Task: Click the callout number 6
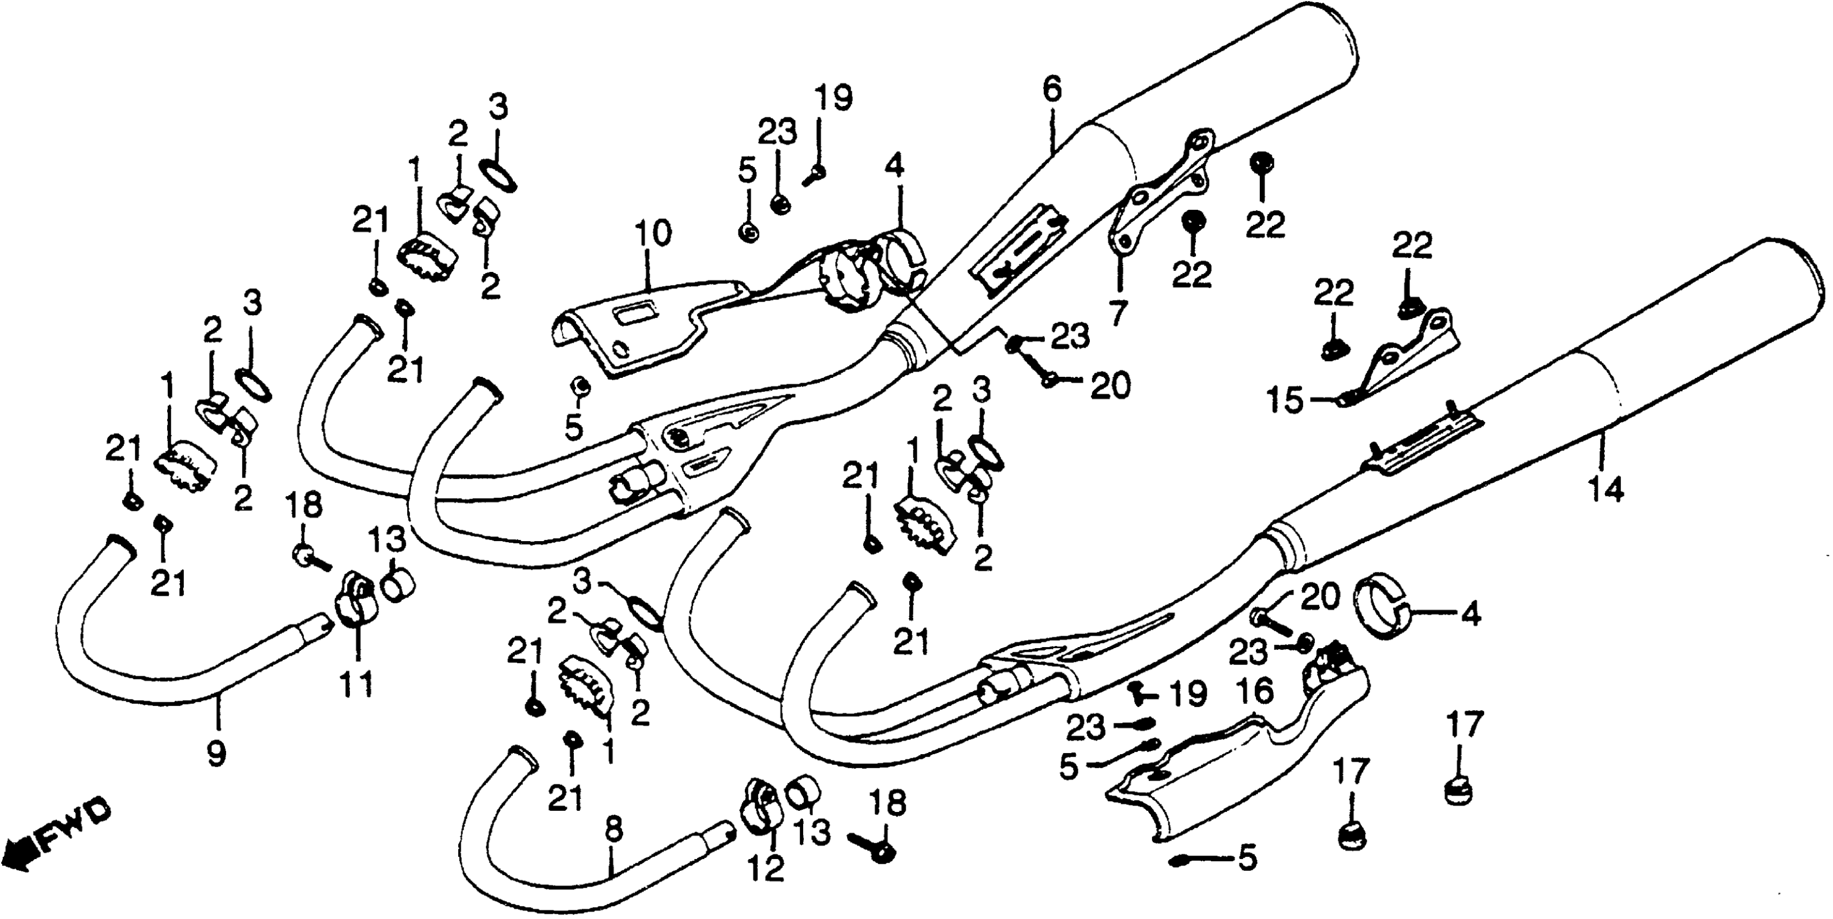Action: (x=1051, y=90)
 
